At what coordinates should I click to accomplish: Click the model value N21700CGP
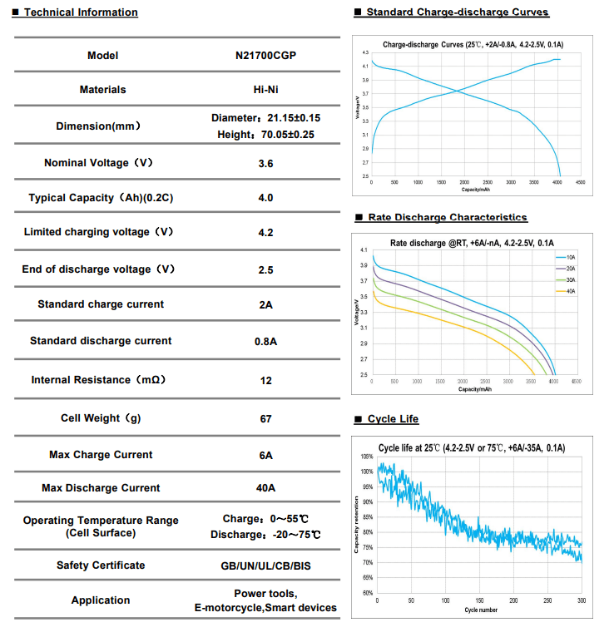click(265, 56)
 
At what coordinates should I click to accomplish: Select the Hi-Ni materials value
click(265, 90)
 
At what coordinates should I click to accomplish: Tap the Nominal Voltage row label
click(98, 163)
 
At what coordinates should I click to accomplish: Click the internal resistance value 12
click(265, 380)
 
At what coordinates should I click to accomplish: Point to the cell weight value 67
click(265, 418)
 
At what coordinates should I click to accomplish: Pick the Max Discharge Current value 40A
click(265, 488)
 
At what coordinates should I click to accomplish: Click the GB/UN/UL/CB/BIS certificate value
click(265, 565)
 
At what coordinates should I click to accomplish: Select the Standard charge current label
click(101, 304)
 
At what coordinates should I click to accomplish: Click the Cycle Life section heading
click(393, 419)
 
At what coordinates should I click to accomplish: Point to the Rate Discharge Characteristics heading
click(448, 218)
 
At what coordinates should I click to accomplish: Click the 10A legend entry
click(570, 259)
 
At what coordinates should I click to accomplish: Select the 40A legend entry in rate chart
click(570, 291)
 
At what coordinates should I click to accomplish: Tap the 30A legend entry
click(570, 280)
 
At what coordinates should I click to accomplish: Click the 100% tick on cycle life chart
click(367, 472)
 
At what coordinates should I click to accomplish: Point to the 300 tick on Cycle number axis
click(582, 600)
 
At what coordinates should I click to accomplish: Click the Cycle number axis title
click(481, 610)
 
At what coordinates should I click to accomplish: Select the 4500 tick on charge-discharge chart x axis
click(580, 182)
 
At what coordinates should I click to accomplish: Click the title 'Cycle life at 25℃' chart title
click(472, 448)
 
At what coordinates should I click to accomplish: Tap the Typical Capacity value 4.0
click(265, 198)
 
